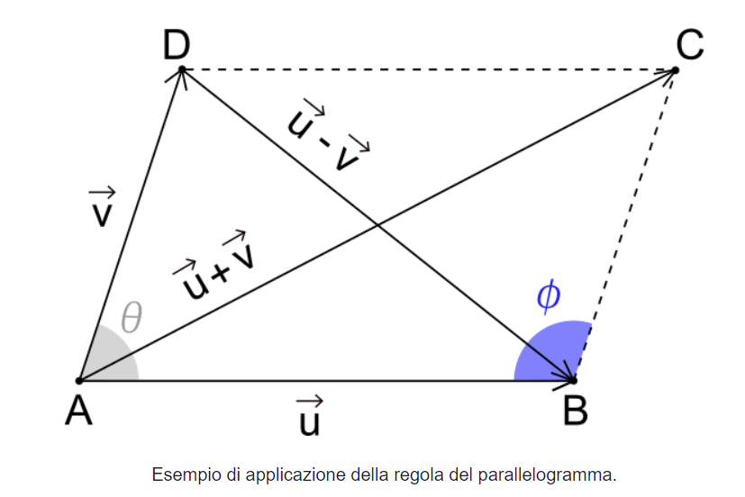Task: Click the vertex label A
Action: point(79,411)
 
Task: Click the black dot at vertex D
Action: point(182,69)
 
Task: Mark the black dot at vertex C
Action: point(675,69)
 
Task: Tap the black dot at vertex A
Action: point(79,381)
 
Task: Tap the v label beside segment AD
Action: point(101,208)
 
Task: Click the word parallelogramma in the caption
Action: point(560,474)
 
